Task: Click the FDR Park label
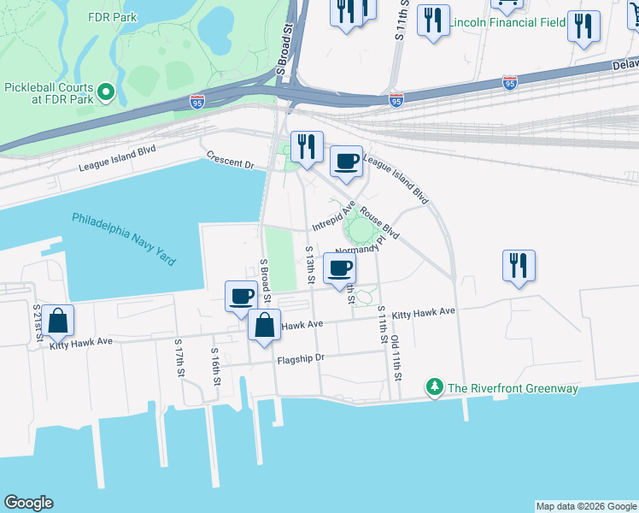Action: tap(112, 17)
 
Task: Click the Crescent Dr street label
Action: tap(231, 160)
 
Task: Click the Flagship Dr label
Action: tap(301, 359)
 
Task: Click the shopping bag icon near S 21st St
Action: tap(57, 321)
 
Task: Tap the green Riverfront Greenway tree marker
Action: tap(436, 388)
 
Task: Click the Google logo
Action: tap(28, 503)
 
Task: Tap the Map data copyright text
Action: tap(586, 506)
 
